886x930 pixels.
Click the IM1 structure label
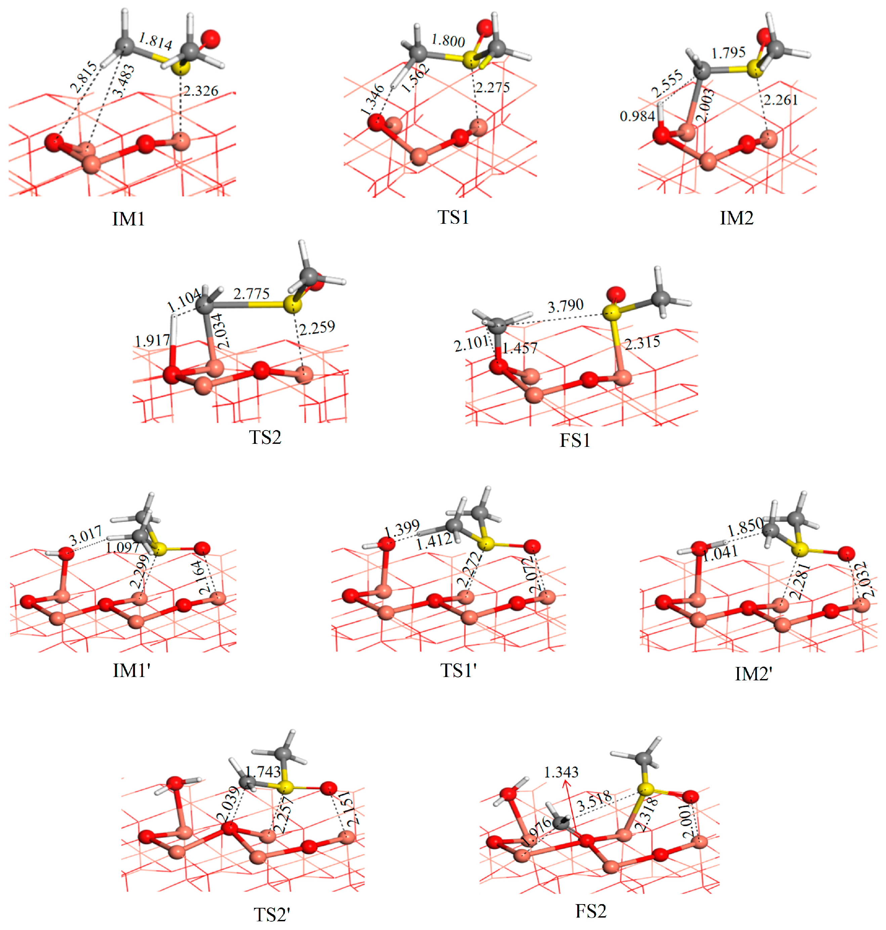click(128, 219)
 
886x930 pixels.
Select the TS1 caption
click(453, 217)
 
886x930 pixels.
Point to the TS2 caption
click(265, 437)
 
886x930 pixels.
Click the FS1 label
click(575, 441)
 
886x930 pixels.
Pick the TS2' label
click(271, 915)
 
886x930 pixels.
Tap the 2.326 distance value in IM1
click(201, 91)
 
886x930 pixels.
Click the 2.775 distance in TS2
click(251, 294)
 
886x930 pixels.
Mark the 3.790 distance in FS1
click(565, 306)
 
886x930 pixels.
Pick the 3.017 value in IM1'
click(85, 537)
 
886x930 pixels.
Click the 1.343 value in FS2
click(561, 772)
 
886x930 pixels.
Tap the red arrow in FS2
click(570, 808)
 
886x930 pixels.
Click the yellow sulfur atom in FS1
click(611, 312)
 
